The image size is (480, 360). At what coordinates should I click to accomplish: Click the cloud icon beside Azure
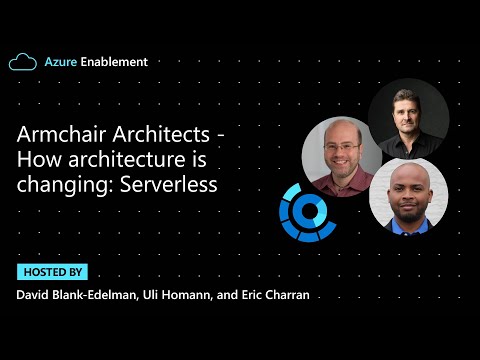tap(23, 62)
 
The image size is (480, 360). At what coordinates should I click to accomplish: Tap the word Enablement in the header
tap(113, 62)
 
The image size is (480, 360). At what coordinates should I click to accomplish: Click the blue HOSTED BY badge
tap(52, 272)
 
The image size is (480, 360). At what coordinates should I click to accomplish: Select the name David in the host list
tap(33, 295)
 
